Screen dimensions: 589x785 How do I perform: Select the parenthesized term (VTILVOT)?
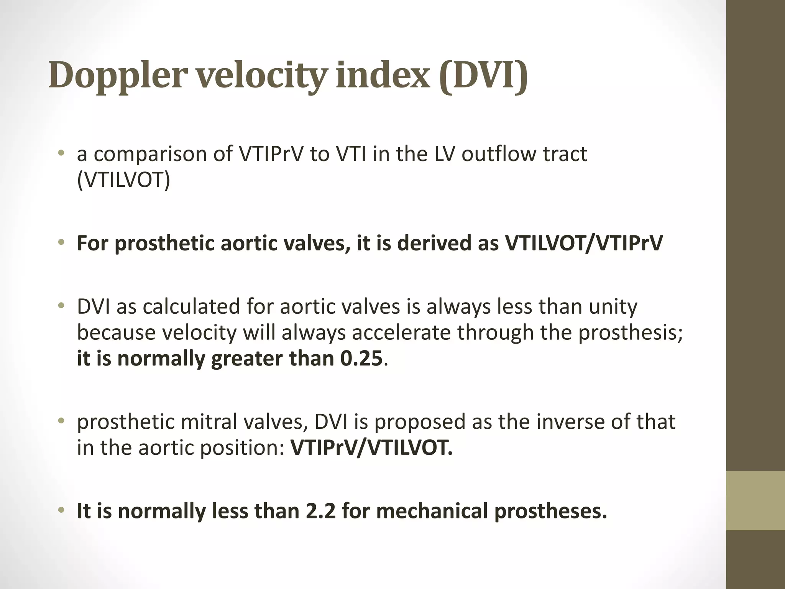point(123,180)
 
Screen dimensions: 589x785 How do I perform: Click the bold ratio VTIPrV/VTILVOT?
point(371,447)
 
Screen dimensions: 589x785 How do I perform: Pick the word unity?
point(613,306)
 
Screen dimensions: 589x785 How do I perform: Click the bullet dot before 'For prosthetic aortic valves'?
point(61,242)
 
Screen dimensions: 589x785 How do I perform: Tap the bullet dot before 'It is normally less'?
point(61,510)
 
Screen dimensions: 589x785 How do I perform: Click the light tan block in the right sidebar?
point(755,501)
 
